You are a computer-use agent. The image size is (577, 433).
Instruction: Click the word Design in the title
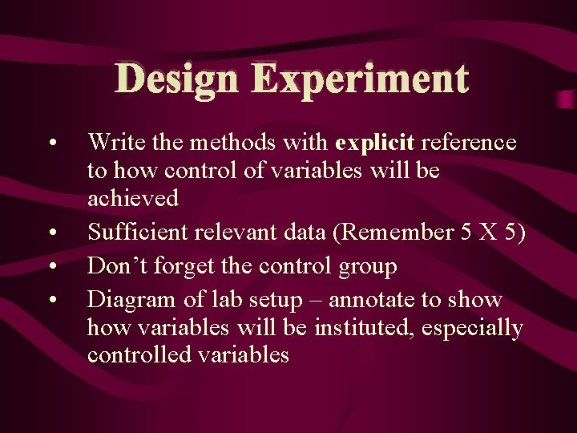pos(176,80)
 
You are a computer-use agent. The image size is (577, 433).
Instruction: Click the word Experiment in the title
pos(359,80)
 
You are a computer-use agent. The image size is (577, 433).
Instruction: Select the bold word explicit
pos(375,143)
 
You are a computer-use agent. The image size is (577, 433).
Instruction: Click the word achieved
pos(133,197)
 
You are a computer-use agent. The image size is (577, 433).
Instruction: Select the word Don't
pos(111,266)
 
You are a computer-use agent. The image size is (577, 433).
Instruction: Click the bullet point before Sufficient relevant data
pos(51,234)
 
